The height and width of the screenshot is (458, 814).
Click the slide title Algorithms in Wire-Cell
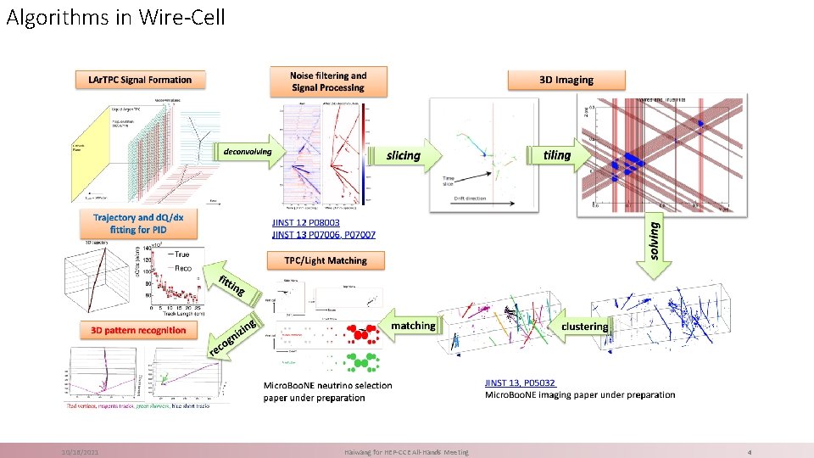point(116,17)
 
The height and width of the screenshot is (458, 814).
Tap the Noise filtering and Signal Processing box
point(327,81)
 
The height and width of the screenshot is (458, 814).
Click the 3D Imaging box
point(566,80)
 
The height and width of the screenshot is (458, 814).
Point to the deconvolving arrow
point(248,152)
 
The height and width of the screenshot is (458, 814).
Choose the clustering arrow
point(586,326)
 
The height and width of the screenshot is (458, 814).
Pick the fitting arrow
point(230,286)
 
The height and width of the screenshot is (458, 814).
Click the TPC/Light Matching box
point(326,260)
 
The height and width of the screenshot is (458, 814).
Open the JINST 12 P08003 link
point(305,222)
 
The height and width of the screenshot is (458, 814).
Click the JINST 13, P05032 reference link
point(521,383)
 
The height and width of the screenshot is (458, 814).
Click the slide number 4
point(750,452)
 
